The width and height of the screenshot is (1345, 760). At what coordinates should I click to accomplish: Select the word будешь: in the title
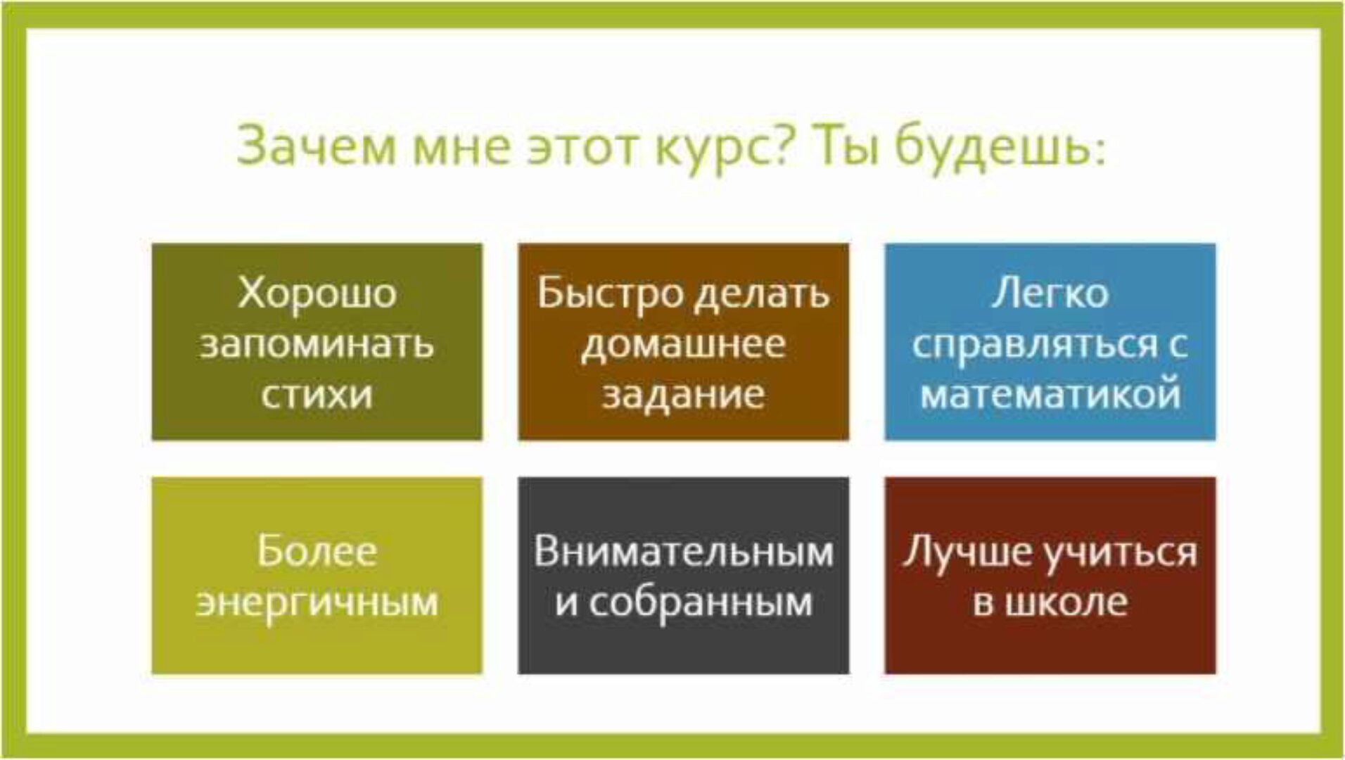pos(1000,148)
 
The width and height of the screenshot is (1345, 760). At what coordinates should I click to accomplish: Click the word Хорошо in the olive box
pos(317,293)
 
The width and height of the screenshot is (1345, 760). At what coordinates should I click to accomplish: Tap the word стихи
pos(317,394)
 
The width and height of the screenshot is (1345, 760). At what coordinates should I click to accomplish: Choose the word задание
pos(683,394)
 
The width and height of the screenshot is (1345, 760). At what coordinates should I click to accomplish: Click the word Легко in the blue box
pos(1050,293)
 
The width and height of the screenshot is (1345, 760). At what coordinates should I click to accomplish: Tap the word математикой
pos(1050,394)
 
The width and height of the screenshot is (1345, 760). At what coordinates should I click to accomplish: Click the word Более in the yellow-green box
pos(317,550)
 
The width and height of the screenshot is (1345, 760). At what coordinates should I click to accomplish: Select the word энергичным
pos(317,602)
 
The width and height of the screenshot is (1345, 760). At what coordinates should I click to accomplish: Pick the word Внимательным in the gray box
pos(683,550)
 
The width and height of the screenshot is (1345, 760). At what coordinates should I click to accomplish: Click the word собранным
pos(701,602)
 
